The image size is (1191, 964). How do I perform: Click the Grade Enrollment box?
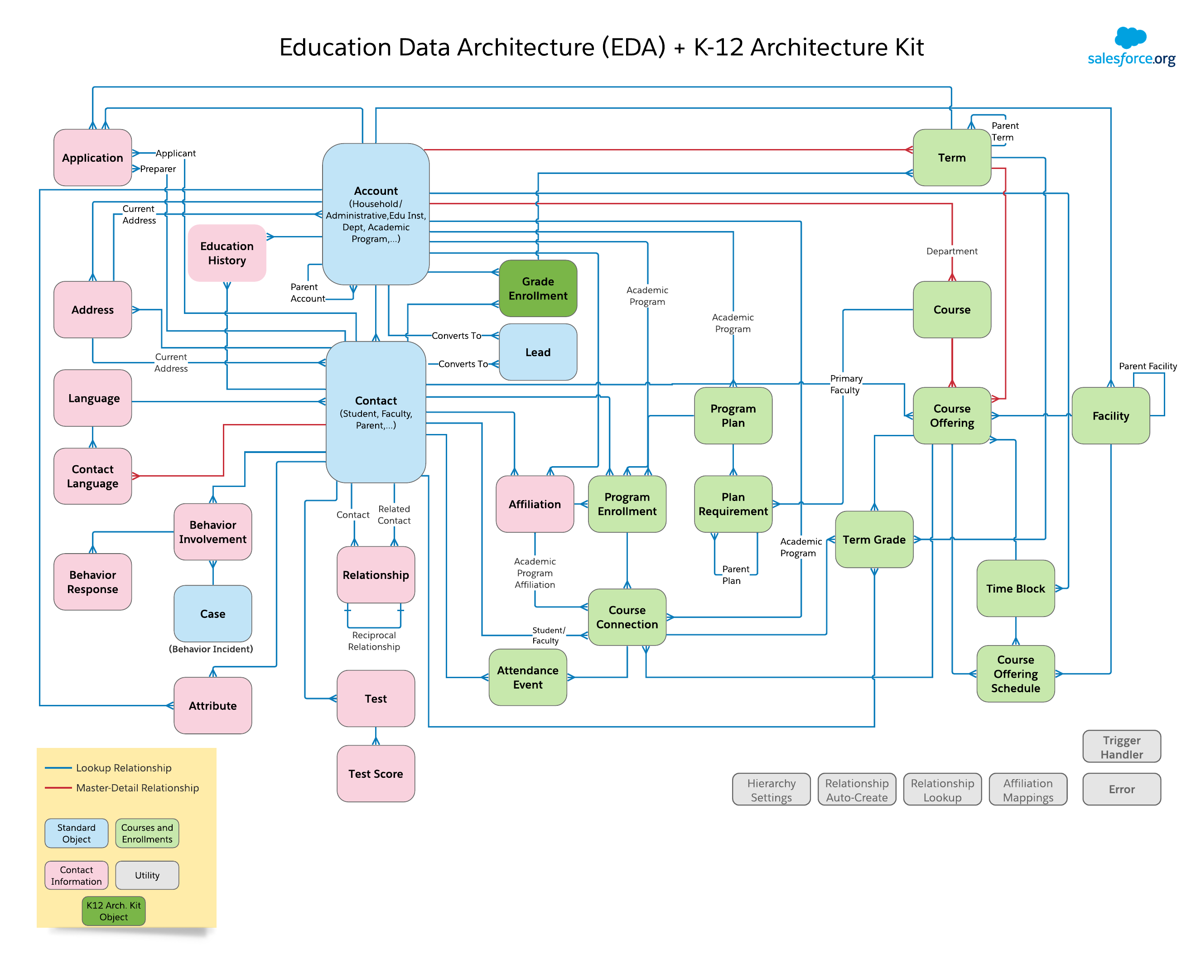click(x=537, y=288)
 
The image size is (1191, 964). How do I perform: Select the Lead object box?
click(x=537, y=352)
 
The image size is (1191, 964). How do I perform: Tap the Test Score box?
click(x=376, y=774)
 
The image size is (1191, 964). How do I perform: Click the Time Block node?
click(x=1015, y=588)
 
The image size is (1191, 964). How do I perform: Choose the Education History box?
click(x=227, y=253)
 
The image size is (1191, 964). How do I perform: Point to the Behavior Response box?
click(x=92, y=581)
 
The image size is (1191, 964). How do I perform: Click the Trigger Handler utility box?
click(x=1121, y=747)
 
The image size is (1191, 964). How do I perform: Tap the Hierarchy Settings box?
click(x=771, y=790)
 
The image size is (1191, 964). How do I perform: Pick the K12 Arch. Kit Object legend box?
click(x=113, y=911)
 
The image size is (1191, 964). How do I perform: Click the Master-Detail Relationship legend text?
click(x=137, y=787)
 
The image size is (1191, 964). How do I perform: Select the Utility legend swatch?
click(x=147, y=875)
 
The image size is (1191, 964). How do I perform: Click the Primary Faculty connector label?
click(x=845, y=384)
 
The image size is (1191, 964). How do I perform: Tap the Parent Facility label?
click(x=1147, y=366)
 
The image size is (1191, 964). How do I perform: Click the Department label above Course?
click(x=951, y=251)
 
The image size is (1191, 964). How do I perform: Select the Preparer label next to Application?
click(x=158, y=169)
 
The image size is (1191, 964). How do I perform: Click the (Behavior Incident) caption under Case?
click(x=211, y=649)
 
